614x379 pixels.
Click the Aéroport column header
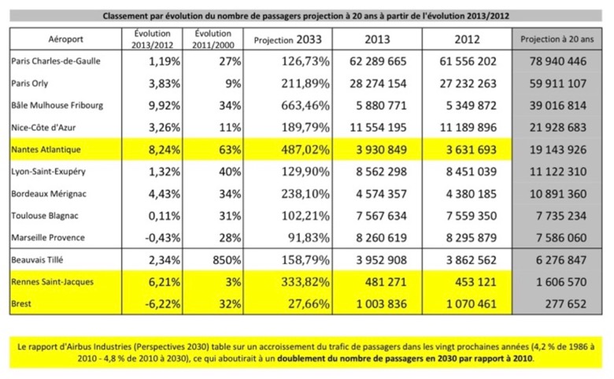66,39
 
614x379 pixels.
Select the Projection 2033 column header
288,39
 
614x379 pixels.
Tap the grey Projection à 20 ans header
557,39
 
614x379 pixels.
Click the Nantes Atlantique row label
46,150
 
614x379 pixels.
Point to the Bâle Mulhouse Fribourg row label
57,106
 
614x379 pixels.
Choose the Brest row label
21,303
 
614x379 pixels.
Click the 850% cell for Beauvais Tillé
227,260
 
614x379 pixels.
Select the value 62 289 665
378,61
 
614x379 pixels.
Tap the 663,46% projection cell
305,106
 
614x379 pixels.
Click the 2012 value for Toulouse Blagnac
472,216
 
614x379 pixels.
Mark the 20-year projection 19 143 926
558,150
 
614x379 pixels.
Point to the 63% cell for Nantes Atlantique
230,150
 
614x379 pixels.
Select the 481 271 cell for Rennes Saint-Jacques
386,282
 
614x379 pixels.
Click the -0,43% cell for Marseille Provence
162,237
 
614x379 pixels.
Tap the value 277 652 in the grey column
566,303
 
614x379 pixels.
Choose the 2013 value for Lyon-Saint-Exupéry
382,172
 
